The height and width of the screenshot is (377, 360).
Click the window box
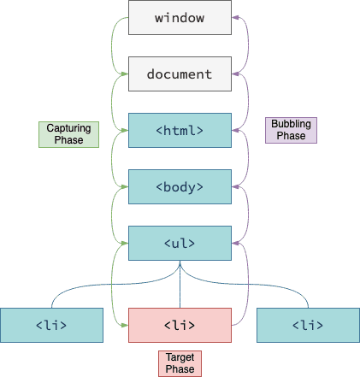(180, 18)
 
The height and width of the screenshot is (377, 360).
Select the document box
(180, 74)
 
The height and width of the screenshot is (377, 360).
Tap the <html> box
(180, 131)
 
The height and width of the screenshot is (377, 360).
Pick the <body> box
(180, 187)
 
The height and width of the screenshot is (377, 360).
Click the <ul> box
(180, 244)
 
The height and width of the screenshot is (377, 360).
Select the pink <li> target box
(180, 325)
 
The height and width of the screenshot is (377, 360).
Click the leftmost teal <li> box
(51, 325)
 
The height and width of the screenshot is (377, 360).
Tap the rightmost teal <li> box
(308, 325)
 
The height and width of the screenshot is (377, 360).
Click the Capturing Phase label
(68, 134)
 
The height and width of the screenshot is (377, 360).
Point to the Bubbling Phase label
(291, 130)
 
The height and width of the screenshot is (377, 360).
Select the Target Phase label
(180, 363)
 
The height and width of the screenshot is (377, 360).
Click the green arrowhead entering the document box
(125, 74)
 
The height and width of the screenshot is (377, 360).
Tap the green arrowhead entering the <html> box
(125, 131)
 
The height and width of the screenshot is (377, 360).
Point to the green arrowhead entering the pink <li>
(125, 325)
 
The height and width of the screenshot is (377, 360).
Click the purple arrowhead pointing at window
(235, 18)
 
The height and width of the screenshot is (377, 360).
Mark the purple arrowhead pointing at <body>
(235, 187)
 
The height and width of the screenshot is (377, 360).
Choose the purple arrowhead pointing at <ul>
(235, 244)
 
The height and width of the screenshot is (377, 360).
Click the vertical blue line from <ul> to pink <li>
(180, 285)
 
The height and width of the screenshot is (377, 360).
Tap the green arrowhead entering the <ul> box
(125, 244)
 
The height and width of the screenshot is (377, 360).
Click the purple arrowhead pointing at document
(235, 74)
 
